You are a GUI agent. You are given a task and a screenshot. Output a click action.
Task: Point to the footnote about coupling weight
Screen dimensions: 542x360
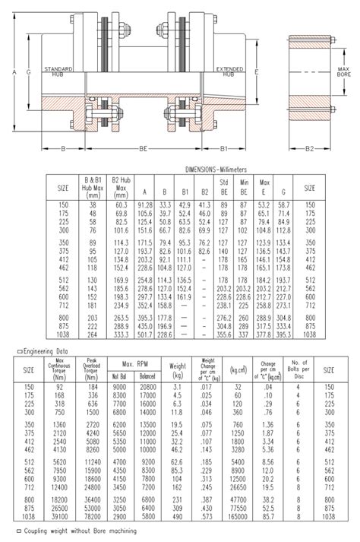click(x=73, y=532)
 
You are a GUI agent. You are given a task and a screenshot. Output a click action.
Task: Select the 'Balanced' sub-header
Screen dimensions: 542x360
click(x=148, y=375)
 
